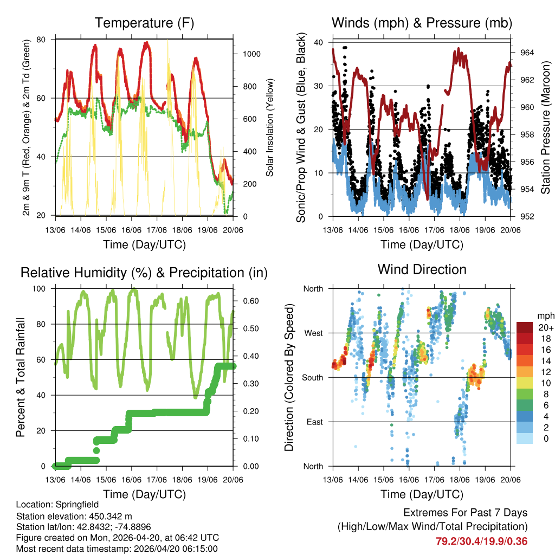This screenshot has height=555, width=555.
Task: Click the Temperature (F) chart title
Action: pos(144,23)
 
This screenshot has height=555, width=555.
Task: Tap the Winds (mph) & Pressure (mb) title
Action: pos(422,23)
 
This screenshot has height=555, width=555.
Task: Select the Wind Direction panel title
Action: pos(422,269)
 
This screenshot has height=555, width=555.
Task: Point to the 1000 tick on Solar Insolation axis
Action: pos(253,54)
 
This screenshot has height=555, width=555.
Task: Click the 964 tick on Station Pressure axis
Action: pos(528,53)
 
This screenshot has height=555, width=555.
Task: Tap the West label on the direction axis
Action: pos(312,333)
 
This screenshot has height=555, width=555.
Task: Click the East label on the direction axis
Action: pos(313,422)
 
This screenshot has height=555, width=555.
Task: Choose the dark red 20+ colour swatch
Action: pos(525,327)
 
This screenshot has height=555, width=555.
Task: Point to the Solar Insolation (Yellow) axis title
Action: pos(270,127)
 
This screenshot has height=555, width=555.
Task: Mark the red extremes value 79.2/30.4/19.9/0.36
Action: pos(482,541)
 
